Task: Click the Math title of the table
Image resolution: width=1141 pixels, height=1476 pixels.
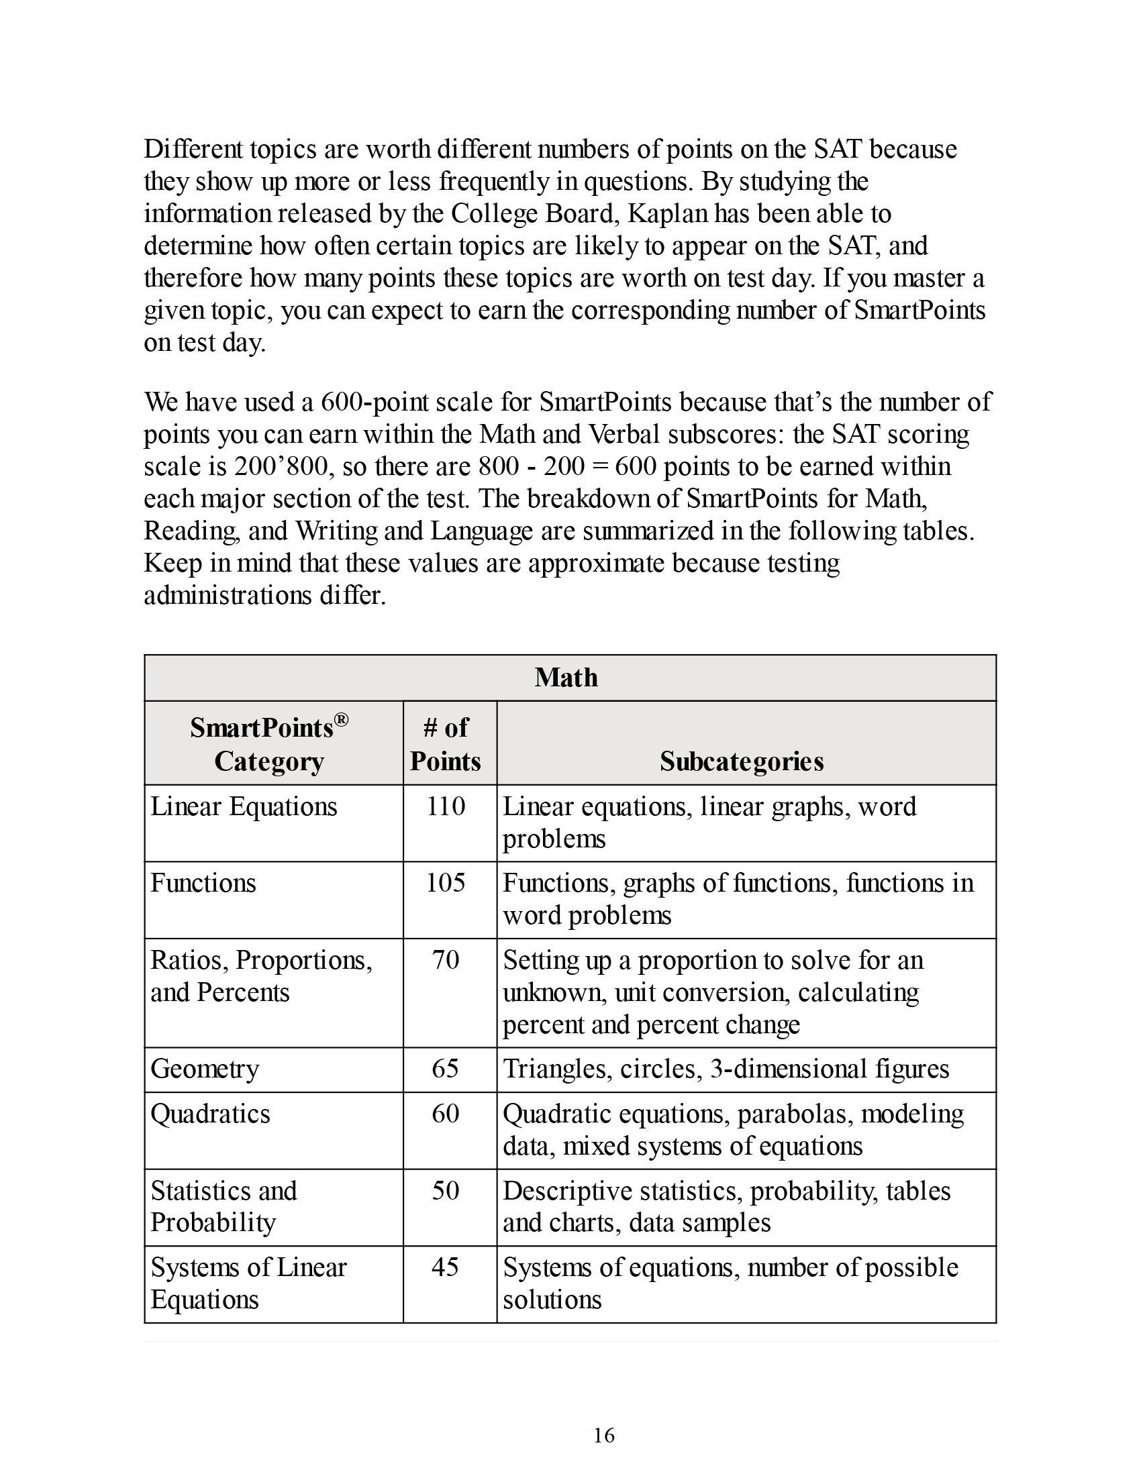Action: pos(566,677)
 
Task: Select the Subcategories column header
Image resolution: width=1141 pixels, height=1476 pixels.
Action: pos(742,761)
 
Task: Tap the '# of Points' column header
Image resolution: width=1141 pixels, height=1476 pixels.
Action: pos(446,744)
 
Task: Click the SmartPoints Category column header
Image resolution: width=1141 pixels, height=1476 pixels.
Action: pos(269,744)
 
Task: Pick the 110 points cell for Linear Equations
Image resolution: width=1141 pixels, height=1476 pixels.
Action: pos(446,806)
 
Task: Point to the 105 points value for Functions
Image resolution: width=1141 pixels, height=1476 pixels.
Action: pos(446,883)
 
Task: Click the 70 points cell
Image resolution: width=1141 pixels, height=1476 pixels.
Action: pos(446,959)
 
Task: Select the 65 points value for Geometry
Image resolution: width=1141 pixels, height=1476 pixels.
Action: pos(446,1069)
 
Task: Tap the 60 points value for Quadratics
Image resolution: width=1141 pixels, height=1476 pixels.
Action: pos(446,1113)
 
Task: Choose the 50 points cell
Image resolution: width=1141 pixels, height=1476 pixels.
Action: pos(446,1190)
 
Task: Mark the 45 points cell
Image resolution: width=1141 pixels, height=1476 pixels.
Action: pos(446,1267)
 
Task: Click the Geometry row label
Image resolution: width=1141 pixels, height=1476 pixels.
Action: pos(205,1069)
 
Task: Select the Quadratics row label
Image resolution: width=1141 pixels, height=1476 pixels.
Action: pos(210,1114)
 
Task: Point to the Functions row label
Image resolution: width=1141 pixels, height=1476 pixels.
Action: pos(203,884)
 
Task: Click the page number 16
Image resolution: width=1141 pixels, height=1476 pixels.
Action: pos(603,1436)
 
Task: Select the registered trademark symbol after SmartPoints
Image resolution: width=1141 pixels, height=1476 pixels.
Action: pos(342,720)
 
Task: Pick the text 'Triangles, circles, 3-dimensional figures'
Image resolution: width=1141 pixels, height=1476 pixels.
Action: pos(726,1069)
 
